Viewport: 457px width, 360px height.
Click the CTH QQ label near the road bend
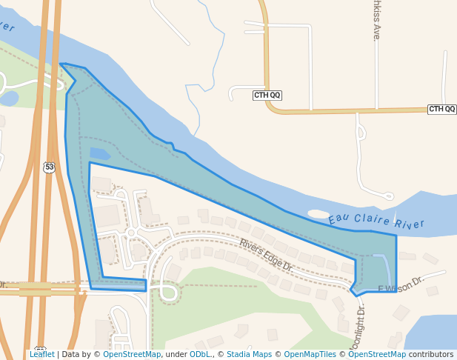(267, 95)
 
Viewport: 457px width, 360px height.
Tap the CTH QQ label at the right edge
(442, 109)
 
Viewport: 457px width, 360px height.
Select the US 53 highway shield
(49, 167)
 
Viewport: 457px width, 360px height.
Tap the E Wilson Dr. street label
(401, 284)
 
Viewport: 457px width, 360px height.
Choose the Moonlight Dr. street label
(359, 326)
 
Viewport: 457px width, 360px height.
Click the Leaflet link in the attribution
(42, 354)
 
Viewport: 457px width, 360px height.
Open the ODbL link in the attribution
(200, 354)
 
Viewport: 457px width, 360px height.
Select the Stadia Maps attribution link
(249, 354)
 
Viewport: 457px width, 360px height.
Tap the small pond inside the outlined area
(100, 154)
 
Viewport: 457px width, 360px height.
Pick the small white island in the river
(318, 213)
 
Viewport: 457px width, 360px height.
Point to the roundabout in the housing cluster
(130, 233)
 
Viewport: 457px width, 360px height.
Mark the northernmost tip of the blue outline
(61, 64)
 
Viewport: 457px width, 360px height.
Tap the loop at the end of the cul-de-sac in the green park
(167, 293)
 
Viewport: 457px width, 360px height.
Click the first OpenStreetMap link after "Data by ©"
(132, 354)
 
